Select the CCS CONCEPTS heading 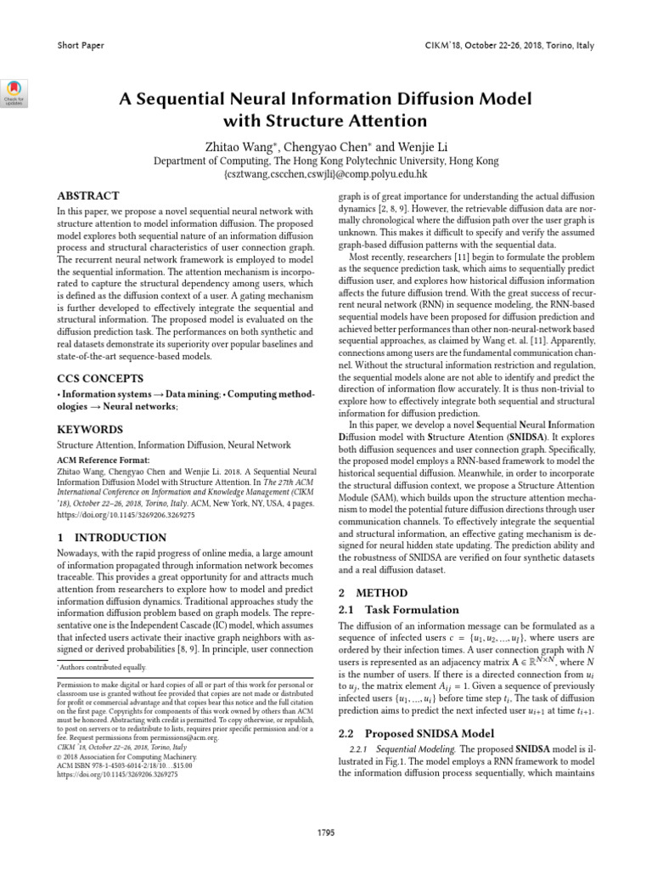98,377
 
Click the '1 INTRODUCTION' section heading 111,538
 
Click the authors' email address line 327,173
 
